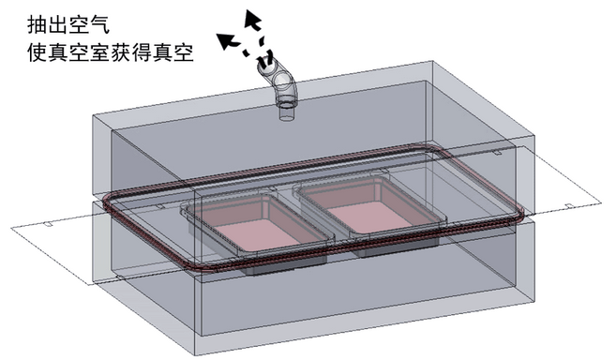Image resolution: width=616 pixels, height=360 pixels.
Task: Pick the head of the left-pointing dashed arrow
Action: click(223, 38)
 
